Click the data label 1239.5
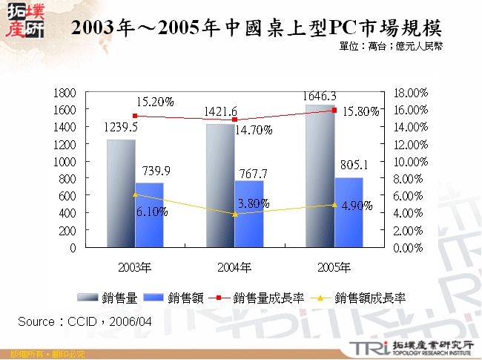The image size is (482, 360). click(x=122, y=127)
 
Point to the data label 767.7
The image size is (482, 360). click(x=250, y=174)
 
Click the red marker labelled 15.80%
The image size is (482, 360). click(x=334, y=111)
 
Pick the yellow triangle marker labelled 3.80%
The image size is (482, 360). click(x=235, y=215)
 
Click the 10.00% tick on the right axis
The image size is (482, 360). click(x=409, y=162)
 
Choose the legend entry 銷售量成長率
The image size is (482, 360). click(x=259, y=298)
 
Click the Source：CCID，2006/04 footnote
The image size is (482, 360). click(x=85, y=321)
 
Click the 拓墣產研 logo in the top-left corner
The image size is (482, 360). click(x=23, y=20)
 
